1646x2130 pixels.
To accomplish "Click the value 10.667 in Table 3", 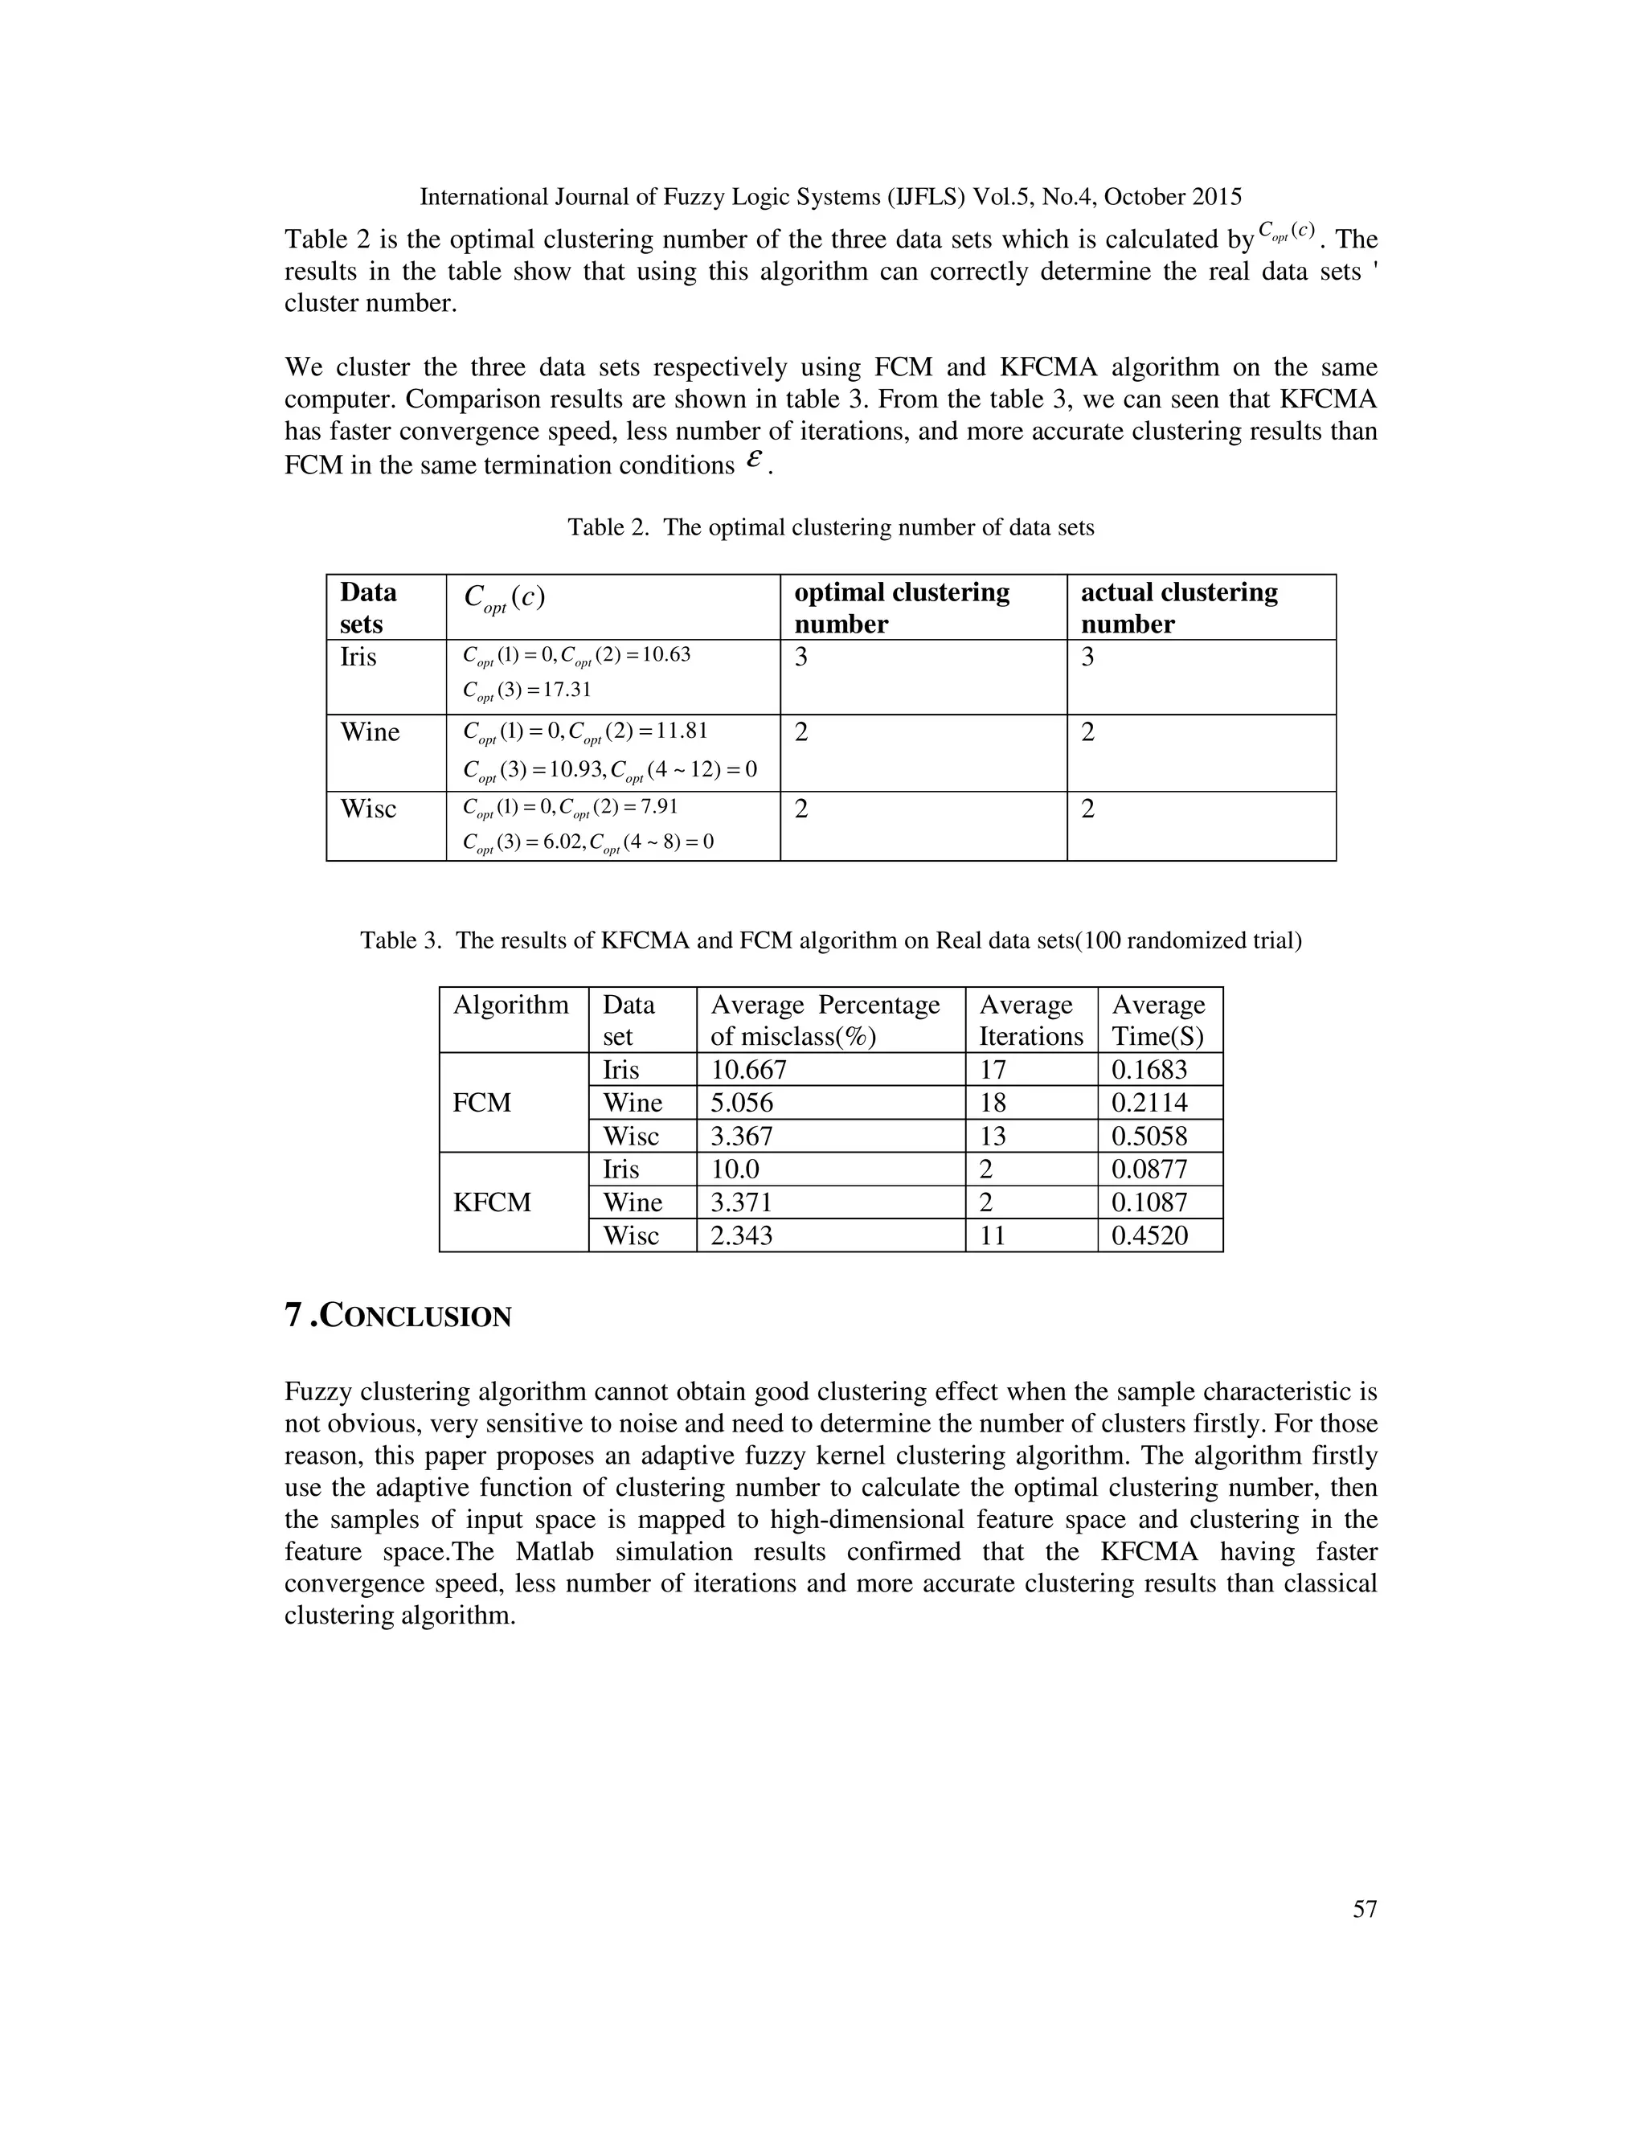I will tap(748, 1070).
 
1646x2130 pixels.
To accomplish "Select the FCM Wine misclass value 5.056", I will tap(741, 1103).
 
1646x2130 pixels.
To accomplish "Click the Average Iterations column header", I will tap(1030, 1020).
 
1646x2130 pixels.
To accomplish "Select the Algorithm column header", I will tap(510, 1005).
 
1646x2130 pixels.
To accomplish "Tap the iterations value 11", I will tap(992, 1235).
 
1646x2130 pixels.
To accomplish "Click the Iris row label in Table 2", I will tap(358, 657).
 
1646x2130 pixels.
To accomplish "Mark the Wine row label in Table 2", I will tap(370, 732).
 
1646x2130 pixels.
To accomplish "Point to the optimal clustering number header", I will tap(901, 608).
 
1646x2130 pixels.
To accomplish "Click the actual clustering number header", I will tap(1178, 608).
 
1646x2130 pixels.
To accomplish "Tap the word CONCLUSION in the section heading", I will tap(416, 1317).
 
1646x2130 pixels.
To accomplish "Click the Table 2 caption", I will tap(831, 527).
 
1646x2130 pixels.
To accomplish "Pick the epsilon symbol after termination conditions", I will tap(751, 462).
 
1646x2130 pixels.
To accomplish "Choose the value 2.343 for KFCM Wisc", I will tap(741, 1235).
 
